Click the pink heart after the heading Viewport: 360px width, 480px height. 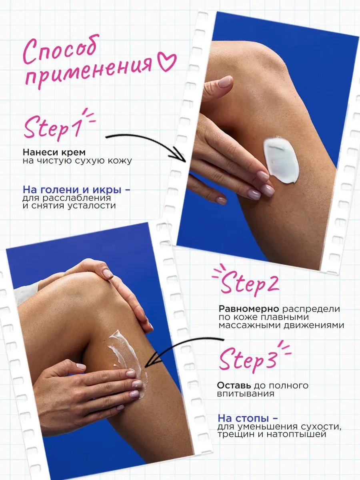click(x=166, y=62)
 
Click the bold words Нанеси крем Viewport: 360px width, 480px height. click(x=54, y=152)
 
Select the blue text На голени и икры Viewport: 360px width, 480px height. click(x=72, y=190)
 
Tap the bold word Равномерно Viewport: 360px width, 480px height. click(x=249, y=309)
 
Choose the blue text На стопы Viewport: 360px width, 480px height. click(x=243, y=418)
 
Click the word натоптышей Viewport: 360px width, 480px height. click(x=296, y=434)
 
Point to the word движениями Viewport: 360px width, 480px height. click(x=314, y=325)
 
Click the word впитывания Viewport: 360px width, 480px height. click(x=246, y=394)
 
